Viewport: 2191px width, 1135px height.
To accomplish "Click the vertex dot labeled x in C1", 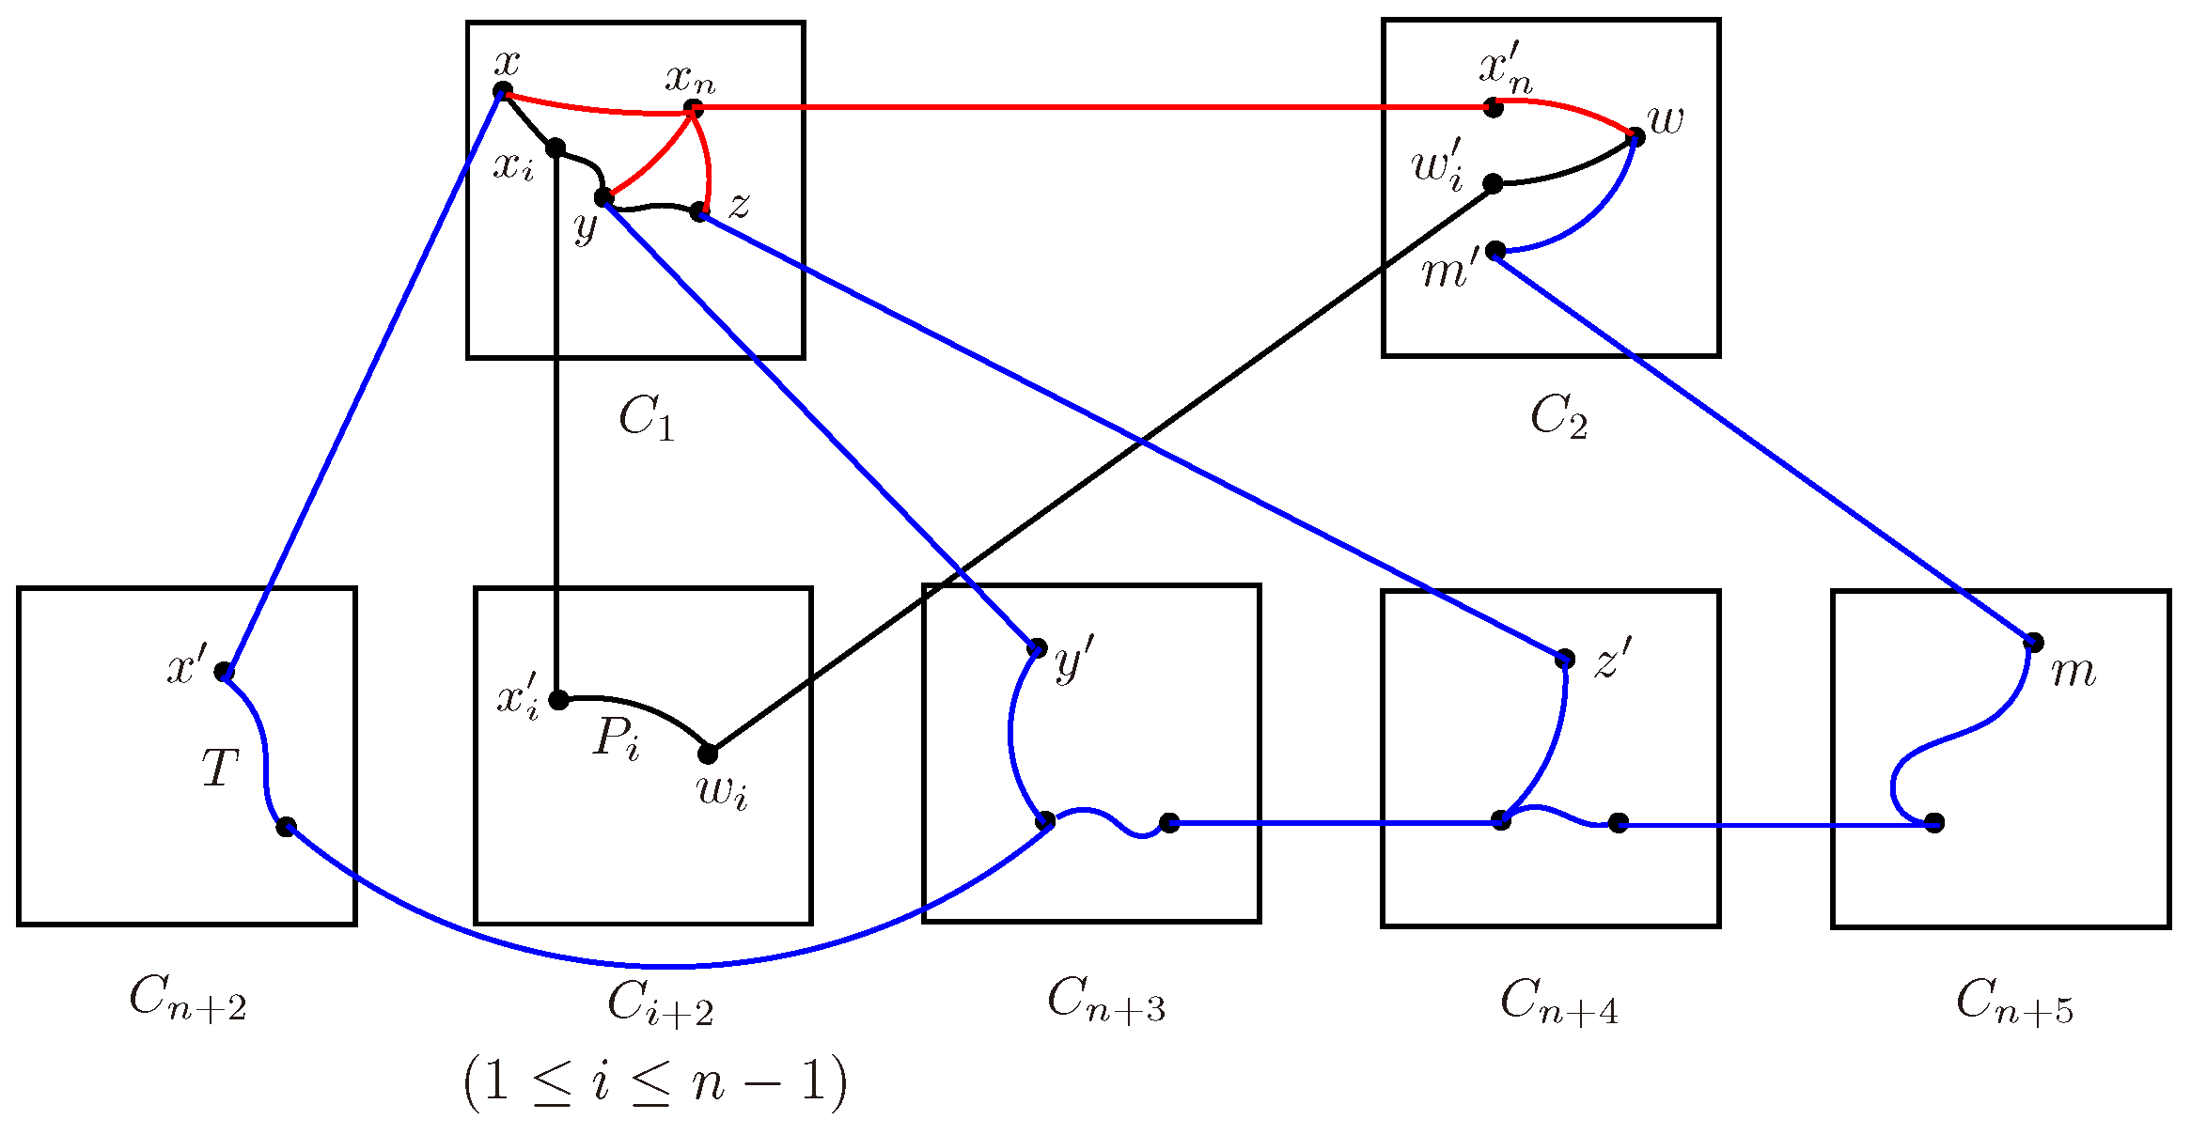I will [503, 91].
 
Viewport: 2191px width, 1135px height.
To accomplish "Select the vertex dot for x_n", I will [694, 109].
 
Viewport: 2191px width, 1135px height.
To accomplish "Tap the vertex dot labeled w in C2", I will [1635, 137].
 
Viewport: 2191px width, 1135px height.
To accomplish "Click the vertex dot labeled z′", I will [1565, 659].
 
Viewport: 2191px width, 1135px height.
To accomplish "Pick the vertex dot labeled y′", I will [1038, 647].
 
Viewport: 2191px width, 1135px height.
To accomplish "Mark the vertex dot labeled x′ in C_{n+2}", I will [224, 671].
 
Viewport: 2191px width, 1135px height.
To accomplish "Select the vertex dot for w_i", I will [708, 754].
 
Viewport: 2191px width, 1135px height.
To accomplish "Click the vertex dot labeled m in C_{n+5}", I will [2034, 643].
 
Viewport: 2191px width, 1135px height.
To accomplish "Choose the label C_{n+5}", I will [2014, 1002].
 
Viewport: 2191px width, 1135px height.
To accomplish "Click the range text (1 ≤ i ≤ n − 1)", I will [655, 1083].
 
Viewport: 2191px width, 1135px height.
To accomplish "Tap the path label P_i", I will [617, 739].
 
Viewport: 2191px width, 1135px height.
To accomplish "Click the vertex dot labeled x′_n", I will [1494, 108].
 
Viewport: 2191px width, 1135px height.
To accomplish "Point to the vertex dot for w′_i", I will [1493, 183].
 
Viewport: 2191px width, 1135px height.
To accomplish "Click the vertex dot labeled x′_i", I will [558, 700].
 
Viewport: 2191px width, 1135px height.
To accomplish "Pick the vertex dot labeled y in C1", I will [604, 197].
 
